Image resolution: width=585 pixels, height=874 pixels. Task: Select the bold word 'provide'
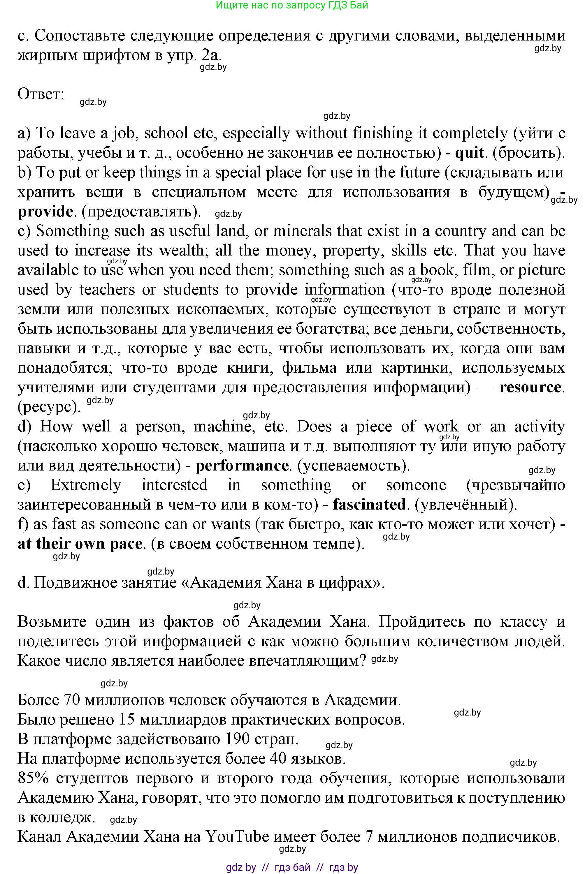[45, 212]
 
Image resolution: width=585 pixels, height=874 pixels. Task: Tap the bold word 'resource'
[530, 387]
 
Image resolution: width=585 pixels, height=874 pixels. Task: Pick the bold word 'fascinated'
[369, 505]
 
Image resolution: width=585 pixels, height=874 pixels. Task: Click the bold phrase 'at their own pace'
[80, 544]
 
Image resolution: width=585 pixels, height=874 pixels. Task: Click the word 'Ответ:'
[41, 94]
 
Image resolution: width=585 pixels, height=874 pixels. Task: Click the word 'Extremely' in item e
[86, 485]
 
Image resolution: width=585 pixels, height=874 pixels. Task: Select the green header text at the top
[292, 5]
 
